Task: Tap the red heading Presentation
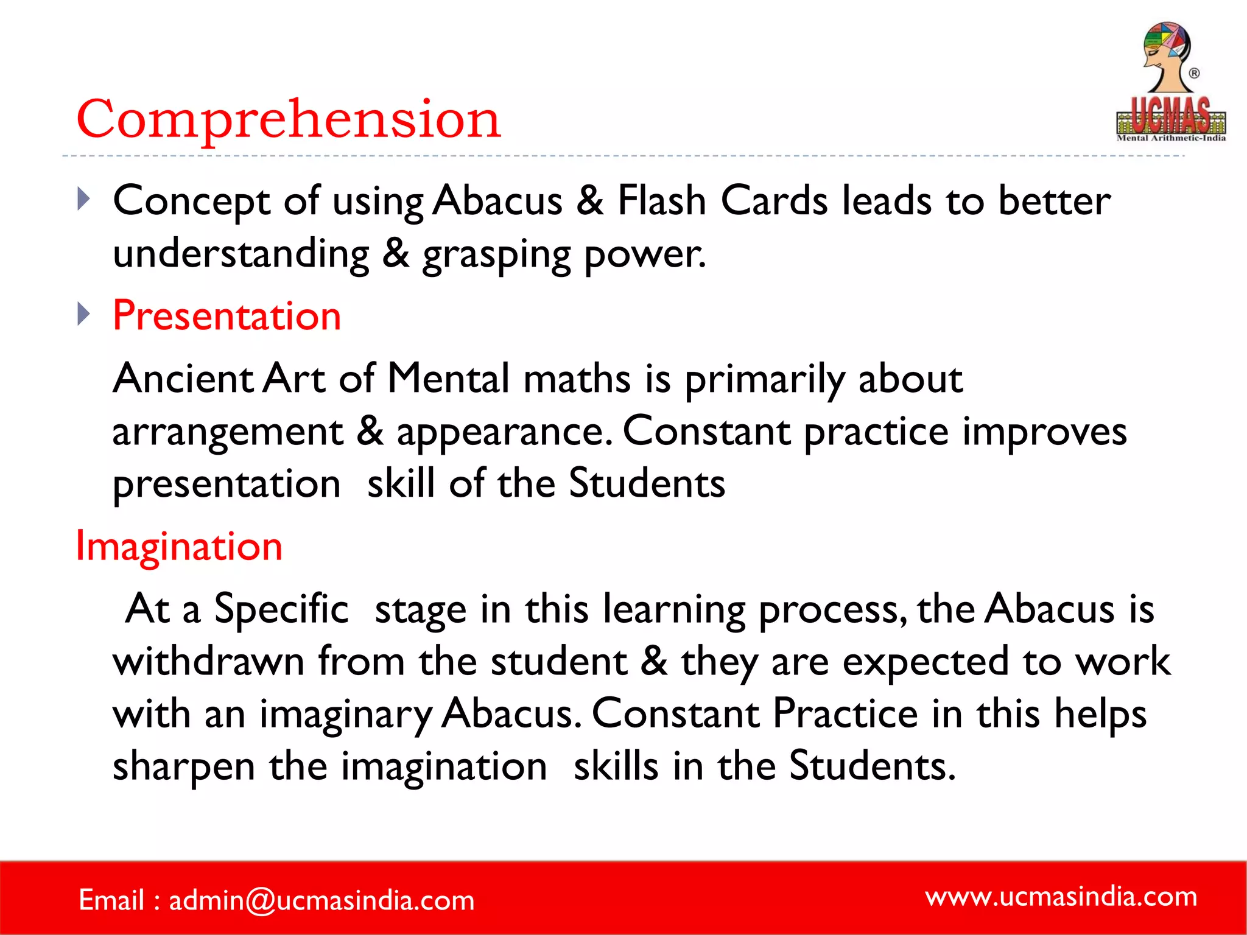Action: coord(227,316)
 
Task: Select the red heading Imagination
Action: coord(179,546)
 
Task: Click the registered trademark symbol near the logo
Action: coord(1194,73)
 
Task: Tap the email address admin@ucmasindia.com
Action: coord(321,900)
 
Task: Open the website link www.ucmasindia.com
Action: coord(1061,896)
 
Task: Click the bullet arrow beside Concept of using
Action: coord(84,199)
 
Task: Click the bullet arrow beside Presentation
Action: coord(84,314)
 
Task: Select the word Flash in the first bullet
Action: coord(661,200)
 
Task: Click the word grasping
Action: coord(496,255)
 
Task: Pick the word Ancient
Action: coord(183,379)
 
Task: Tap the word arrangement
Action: coord(228,432)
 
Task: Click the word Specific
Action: coord(281,609)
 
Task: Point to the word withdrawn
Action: coord(208,662)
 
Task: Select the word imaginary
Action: coord(345,715)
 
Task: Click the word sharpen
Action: coord(183,767)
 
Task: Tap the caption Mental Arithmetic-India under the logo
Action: coord(1170,138)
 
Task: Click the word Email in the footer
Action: coord(111,900)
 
